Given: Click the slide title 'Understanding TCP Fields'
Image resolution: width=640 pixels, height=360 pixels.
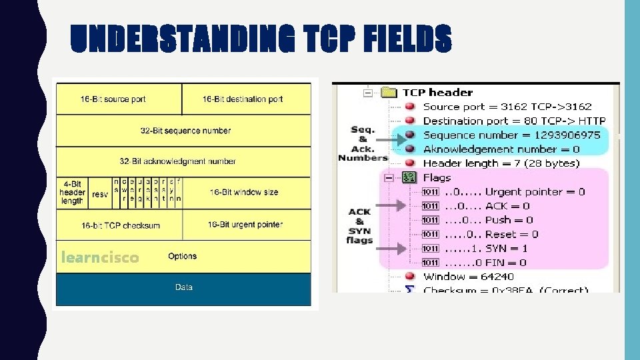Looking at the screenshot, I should (261, 39).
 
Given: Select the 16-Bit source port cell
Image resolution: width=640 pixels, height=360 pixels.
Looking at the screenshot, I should (113, 99).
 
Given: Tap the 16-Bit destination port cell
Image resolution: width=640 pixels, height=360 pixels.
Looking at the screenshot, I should (243, 99).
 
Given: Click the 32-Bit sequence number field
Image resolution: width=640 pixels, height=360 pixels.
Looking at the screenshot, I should (185, 131).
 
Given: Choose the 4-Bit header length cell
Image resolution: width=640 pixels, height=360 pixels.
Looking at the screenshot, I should (72, 193).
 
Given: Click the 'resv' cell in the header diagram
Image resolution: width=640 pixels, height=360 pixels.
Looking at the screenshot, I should (100, 194).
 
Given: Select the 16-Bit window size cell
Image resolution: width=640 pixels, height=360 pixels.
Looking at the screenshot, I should (244, 193).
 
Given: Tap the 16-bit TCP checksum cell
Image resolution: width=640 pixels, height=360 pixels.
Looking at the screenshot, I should (121, 225).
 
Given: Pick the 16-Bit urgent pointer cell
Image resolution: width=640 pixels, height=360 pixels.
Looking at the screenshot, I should (245, 225).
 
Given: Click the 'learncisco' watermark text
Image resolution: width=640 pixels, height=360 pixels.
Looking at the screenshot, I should (100, 257).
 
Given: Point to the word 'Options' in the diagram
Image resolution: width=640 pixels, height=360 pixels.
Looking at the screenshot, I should (182, 256).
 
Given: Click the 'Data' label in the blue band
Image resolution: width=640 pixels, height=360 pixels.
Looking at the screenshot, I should (183, 287).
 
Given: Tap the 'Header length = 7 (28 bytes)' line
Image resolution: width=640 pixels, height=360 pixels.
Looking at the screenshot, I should (501, 163).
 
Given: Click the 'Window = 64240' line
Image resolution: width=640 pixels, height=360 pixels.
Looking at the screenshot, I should (469, 277).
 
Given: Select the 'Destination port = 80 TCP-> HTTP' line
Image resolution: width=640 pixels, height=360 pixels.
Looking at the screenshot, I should (514, 121).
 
